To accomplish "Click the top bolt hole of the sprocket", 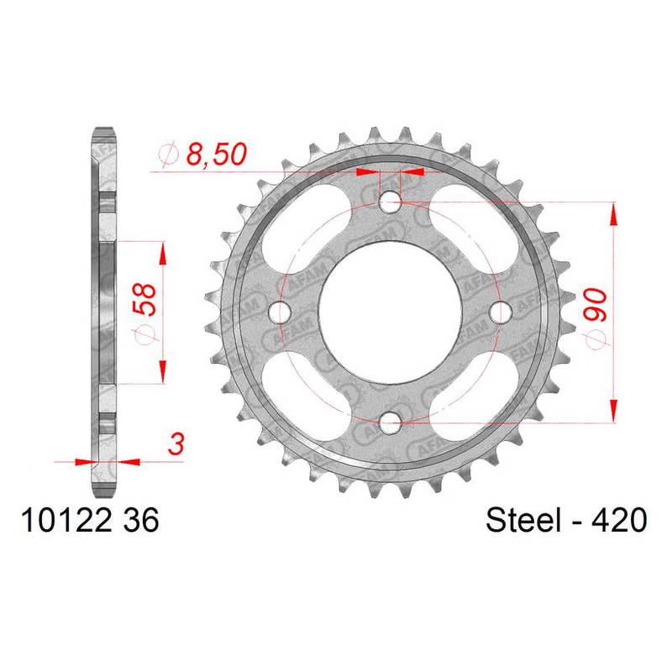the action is click(390, 202).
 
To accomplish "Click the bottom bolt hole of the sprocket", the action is click(390, 423).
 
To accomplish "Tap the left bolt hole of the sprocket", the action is click(280, 312).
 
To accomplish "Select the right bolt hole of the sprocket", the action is click(501, 312).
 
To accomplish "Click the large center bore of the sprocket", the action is click(390, 312).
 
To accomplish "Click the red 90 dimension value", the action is click(596, 305).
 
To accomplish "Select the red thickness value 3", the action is click(176, 444).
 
